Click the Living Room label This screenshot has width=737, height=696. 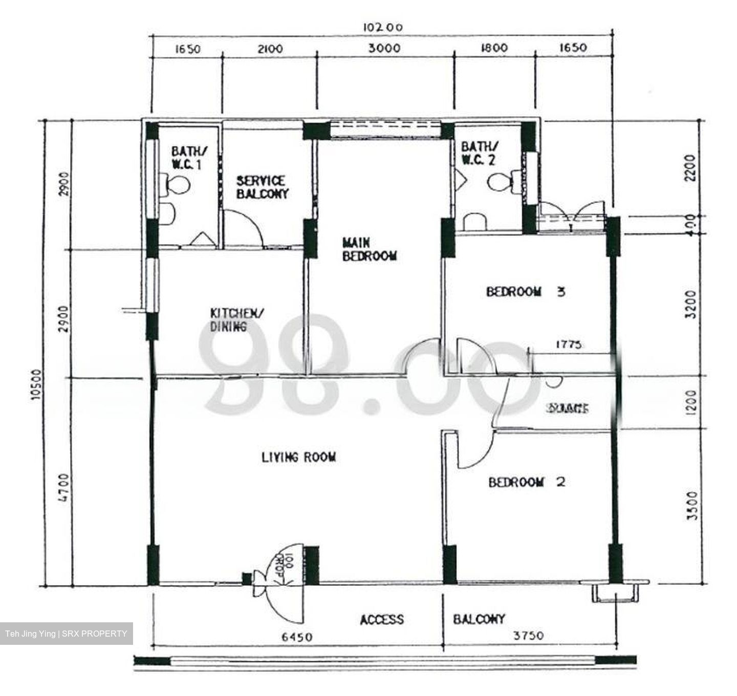(x=298, y=457)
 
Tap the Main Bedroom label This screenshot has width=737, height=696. (x=369, y=249)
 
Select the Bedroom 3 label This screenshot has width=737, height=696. (x=525, y=292)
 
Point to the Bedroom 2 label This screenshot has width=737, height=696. (x=527, y=482)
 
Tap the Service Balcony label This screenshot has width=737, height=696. (x=262, y=187)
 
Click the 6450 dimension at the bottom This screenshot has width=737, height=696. (x=297, y=637)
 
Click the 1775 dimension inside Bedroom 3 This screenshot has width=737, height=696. (x=569, y=345)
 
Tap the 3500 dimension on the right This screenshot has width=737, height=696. (x=692, y=506)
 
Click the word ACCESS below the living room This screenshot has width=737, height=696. (x=381, y=620)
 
